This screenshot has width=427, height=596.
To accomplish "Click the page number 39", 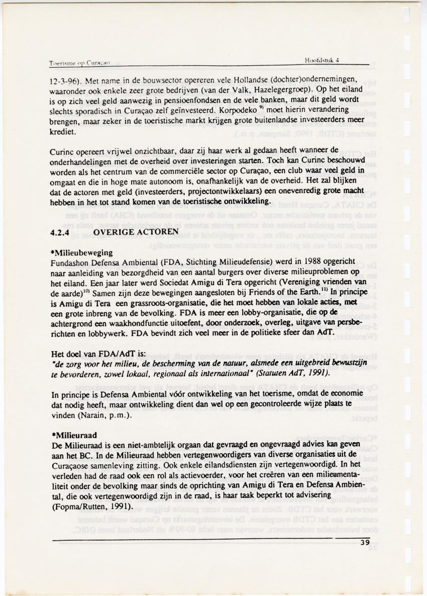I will (365, 542).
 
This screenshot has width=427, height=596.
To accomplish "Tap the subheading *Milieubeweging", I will (82, 252).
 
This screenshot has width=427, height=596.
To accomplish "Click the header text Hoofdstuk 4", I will (323, 59).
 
